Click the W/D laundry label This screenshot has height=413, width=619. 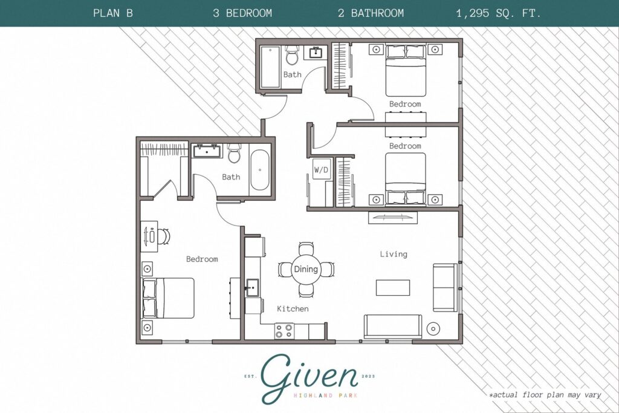pyautogui.click(x=321, y=170)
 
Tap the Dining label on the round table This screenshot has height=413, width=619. pyautogui.click(x=306, y=269)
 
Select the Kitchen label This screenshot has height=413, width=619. pyautogui.click(x=293, y=309)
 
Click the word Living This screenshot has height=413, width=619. pyautogui.click(x=394, y=254)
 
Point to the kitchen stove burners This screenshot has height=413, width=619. pyautogui.click(x=284, y=331)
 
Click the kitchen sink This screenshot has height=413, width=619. pyautogui.click(x=252, y=287)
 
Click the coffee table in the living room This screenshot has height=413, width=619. pyautogui.click(x=392, y=287)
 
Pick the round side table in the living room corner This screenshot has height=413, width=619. pyautogui.click(x=434, y=329)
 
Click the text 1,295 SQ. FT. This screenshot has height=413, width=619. pyautogui.click(x=499, y=13)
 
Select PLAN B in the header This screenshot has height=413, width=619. pyautogui.click(x=113, y=13)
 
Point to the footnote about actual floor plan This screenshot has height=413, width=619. pyautogui.click(x=545, y=395)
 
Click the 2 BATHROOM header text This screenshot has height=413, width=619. pyautogui.click(x=371, y=13)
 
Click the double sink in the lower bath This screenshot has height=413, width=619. pyautogui.click(x=208, y=150)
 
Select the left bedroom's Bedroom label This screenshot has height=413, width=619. pyautogui.click(x=202, y=259)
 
